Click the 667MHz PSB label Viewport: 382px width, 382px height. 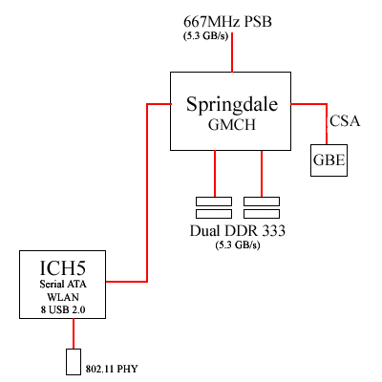click(x=227, y=22)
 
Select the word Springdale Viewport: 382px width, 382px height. click(x=232, y=105)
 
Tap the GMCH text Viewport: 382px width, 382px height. click(x=232, y=124)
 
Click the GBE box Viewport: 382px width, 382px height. click(x=329, y=160)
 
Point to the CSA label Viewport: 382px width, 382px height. click(x=345, y=121)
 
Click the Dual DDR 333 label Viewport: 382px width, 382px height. click(x=238, y=231)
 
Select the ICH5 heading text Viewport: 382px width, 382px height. click(x=63, y=268)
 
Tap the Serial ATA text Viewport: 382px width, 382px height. click(x=63, y=284)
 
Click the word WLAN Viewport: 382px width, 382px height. click(x=63, y=297)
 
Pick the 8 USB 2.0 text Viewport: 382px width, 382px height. click(x=63, y=309)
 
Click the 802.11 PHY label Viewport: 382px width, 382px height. click(x=112, y=369)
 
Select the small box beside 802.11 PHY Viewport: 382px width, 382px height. click(x=74, y=362)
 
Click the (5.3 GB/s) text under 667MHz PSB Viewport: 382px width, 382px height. click(x=205, y=36)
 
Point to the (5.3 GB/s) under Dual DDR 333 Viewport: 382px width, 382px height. click(x=238, y=245)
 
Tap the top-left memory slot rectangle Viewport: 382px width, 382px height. click(x=214, y=202)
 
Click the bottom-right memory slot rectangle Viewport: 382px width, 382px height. click(x=262, y=214)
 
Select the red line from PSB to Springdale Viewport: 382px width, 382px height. click(x=232, y=53)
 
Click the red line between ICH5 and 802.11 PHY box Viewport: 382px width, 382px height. click(x=74, y=333)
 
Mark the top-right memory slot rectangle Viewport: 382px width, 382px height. click(x=262, y=202)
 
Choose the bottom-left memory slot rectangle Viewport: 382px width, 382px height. click(x=214, y=214)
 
